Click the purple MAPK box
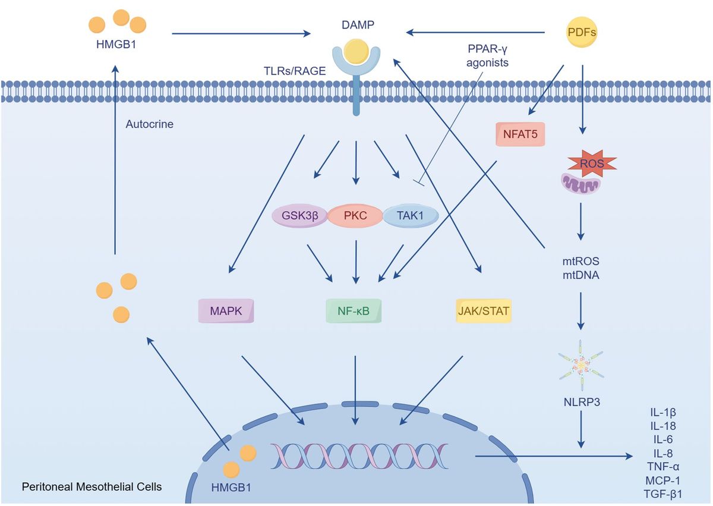(226, 310)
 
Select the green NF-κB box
(354, 310)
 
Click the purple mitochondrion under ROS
(581, 184)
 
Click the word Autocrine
(149, 125)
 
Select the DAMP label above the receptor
(354, 25)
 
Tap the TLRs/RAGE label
(295, 70)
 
